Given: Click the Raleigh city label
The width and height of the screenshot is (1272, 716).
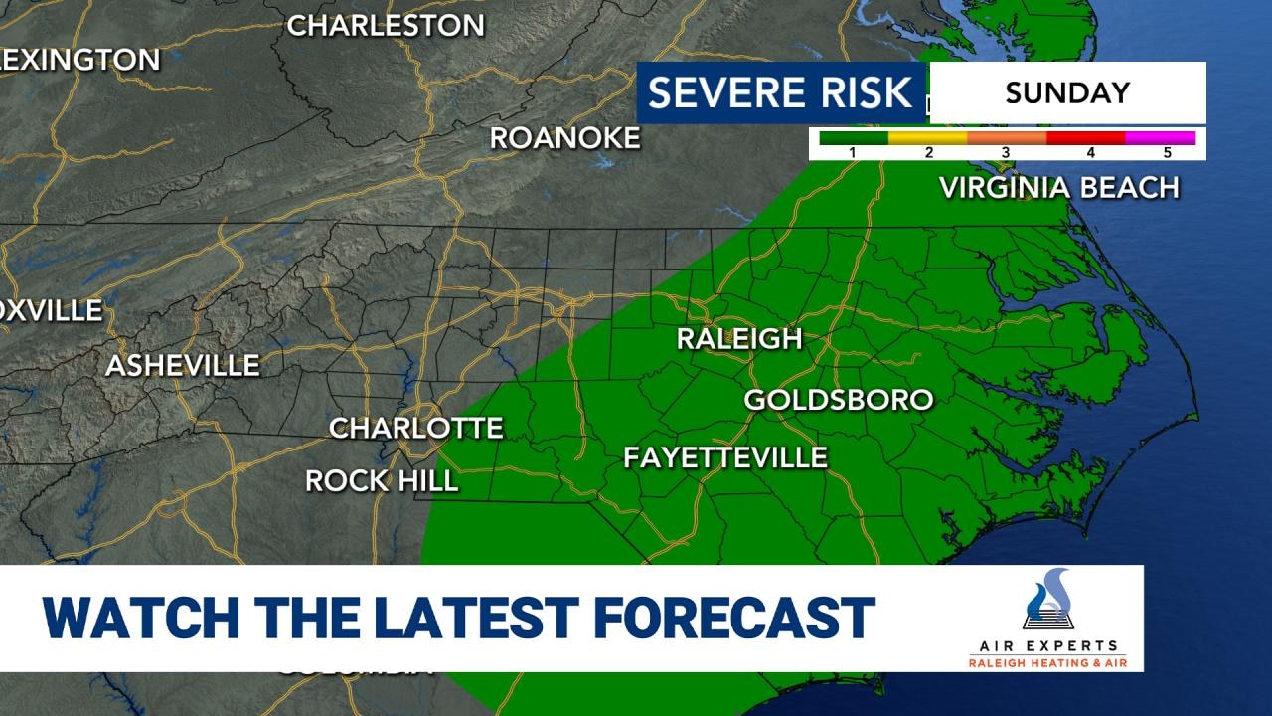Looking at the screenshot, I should pos(738,338).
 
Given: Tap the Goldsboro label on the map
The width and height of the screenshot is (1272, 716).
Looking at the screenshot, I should pos(839,400).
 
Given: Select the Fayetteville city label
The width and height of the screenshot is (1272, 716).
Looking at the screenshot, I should pos(725,457).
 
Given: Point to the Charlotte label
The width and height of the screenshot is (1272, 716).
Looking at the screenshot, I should pos(416,428).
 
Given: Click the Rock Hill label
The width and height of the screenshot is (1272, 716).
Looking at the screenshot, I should pos(382,481).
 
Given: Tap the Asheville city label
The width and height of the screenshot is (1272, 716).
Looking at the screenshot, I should pos(183,366).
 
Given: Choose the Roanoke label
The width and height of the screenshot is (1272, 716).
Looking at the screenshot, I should pos(564,138).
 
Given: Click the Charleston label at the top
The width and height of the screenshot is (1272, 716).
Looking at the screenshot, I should pos(386,26).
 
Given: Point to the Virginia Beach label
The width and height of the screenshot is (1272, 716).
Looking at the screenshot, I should pos(1059,187).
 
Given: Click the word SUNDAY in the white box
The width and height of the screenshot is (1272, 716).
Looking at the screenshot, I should pos(1067,93).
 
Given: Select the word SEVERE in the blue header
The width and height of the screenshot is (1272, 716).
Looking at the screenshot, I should pos(725,93).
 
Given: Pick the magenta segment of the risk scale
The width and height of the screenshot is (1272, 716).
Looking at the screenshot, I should pos(1160,138).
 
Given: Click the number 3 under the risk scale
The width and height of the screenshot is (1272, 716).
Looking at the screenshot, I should pos(1006,153).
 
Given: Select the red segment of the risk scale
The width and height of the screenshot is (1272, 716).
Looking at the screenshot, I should pos(1085,138).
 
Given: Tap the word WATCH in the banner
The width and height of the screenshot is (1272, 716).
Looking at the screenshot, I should pos(140,618).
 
